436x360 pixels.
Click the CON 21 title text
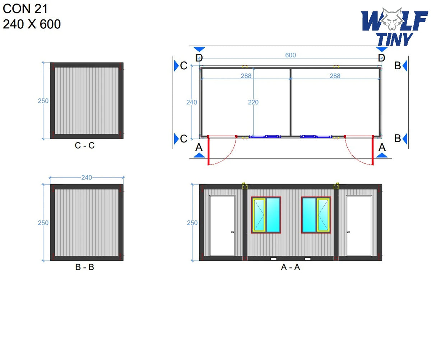(25, 9)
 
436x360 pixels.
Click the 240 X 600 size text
(32, 24)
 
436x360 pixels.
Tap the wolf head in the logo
(391, 19)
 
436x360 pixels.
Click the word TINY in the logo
(394, 39)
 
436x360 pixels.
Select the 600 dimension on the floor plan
(290, 55)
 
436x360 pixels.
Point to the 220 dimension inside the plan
(253, 102)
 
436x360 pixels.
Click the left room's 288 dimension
(246, 76)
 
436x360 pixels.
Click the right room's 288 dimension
(335, 76)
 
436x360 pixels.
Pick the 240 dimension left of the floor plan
(191, 102)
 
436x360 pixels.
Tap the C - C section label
(85, 145)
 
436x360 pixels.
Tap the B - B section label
(85, 267)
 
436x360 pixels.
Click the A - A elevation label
(290, 267)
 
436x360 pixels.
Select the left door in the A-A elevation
(222, 225)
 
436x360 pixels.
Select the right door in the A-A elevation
(359, 225)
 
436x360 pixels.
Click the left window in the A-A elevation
(266, 215)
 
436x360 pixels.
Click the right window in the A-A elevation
(316, 215)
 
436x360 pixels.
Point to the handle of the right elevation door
(348, 232)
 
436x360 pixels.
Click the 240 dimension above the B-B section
(87, 177)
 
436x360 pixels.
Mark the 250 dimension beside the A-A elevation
(192, 223)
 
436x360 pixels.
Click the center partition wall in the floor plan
(290, 102)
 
